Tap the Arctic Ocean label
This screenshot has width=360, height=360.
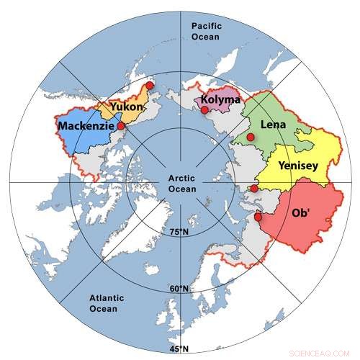(179, 184)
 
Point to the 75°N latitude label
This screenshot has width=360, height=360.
(179, 232)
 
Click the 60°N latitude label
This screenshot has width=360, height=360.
(179, 289)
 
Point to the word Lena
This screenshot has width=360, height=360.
(273, 125)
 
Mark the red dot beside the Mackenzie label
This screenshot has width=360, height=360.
(121, 126)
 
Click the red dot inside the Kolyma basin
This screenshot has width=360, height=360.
(204, 110)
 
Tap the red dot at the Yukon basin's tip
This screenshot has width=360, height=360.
(149, 85)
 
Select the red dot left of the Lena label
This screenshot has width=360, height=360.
(250, 137)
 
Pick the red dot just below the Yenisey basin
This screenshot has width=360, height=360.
(253, 189)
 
